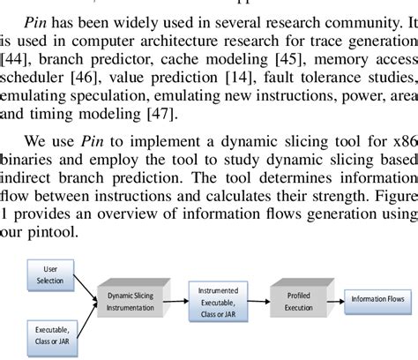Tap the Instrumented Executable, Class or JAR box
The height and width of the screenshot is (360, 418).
[x=216, y=300]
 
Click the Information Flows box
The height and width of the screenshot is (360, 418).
[x=377, y=300]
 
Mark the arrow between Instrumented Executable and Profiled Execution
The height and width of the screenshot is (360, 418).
[x=258, y=301]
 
